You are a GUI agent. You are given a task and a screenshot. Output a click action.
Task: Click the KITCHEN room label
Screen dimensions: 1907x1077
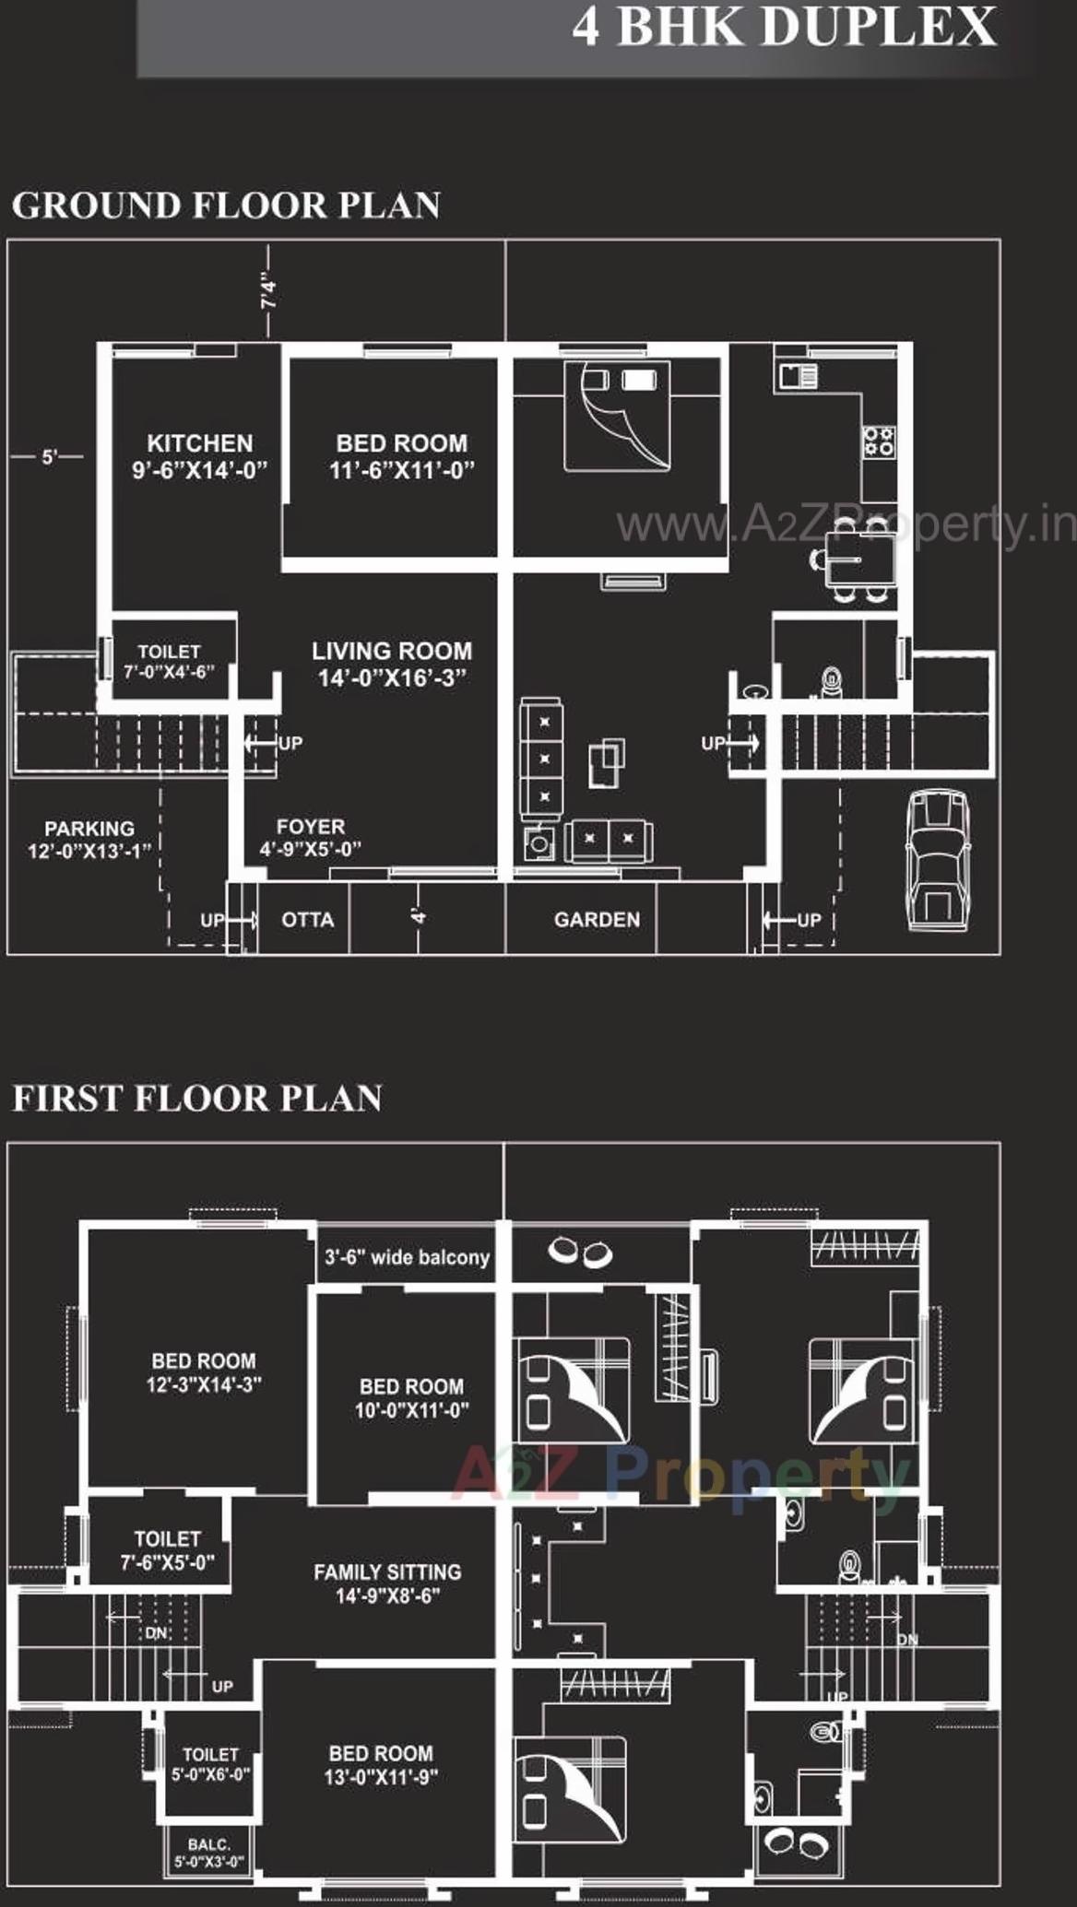point(199,443)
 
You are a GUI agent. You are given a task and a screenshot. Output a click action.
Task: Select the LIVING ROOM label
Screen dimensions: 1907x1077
point(392,652)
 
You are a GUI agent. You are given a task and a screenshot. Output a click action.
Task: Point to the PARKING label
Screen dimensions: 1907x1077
point(89,829)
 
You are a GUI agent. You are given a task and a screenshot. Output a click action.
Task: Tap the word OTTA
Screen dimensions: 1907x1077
point(307,920)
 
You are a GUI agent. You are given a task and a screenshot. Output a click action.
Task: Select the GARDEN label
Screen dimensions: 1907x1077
point(597,920)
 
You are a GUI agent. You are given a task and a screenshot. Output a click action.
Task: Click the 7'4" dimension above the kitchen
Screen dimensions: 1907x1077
point(268,290)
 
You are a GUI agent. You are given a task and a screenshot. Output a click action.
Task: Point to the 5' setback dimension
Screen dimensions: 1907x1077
point(49,456)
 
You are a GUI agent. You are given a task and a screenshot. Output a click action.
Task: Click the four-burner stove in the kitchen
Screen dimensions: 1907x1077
point(877,441)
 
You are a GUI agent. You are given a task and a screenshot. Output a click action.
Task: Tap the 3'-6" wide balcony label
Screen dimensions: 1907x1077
point(407,1257)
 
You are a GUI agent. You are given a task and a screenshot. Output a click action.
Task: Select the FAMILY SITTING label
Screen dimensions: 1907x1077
point(387,1572)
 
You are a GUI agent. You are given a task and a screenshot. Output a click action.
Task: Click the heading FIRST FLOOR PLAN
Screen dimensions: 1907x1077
point(197,1099)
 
